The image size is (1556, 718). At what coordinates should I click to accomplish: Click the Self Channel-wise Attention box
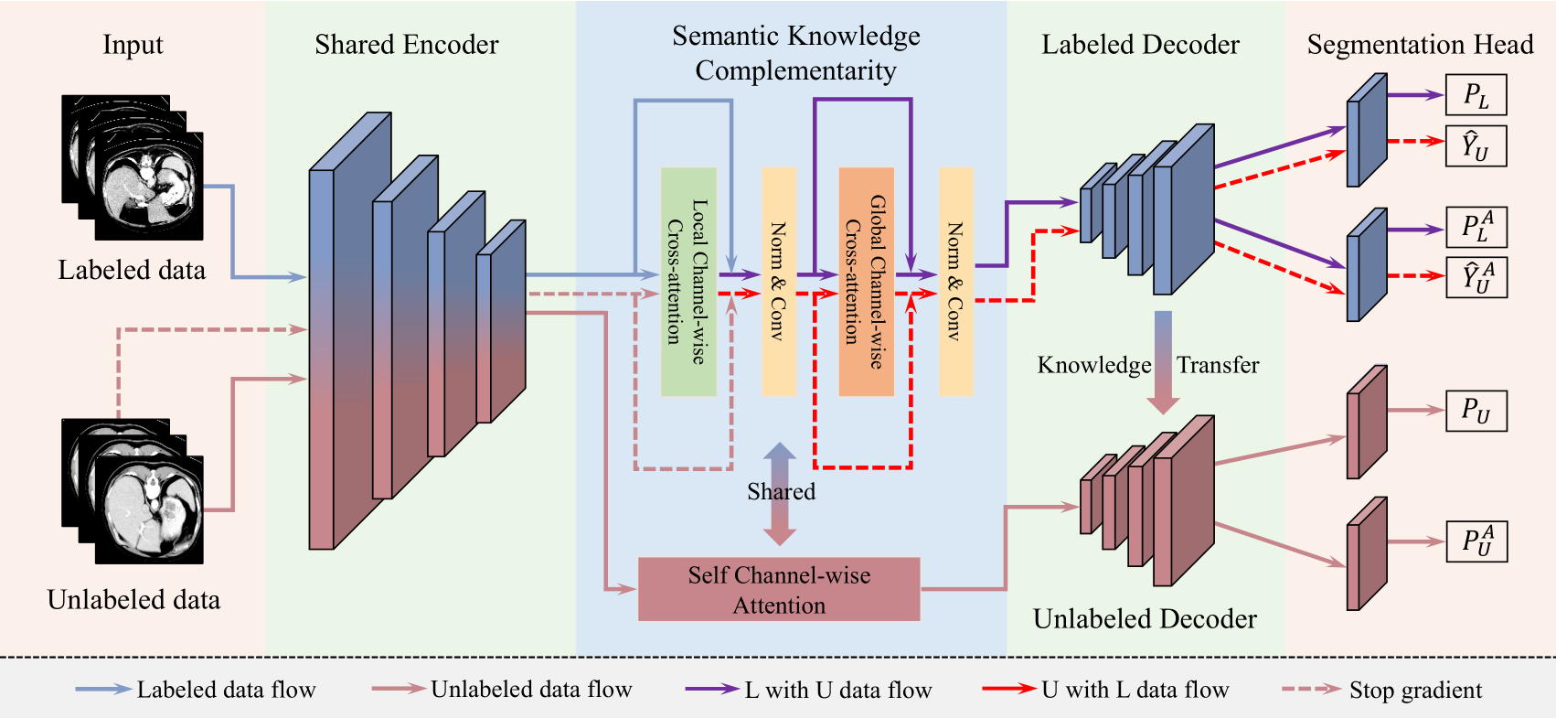coord(779,590)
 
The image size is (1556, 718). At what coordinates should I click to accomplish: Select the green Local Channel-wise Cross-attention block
coord(688,282)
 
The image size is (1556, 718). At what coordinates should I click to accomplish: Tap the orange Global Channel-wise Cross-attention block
coord(866,282)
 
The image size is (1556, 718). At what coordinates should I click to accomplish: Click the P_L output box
coord(1476,95)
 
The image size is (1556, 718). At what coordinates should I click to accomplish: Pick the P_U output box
coord(1476,411)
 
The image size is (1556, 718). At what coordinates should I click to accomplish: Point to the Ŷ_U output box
coord(1476,146)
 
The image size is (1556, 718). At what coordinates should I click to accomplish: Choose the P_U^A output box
coord(1476,541)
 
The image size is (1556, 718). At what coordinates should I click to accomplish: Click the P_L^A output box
coord(1476,226)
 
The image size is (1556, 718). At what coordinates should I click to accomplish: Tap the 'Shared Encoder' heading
coord(407,45)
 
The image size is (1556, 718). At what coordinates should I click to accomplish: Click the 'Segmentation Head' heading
coord(1420,45)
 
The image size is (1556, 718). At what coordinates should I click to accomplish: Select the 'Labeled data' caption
coord(132,270)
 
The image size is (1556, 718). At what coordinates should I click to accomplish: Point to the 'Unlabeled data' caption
coord(133,600)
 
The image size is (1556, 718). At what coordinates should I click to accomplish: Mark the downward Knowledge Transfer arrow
coord(1163,362)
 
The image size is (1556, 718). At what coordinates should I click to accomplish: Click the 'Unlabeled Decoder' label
coord(1145,619)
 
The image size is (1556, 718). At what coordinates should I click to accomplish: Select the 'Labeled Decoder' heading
coord(1140,45)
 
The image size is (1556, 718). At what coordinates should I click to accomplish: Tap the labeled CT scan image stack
coord(133,167)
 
